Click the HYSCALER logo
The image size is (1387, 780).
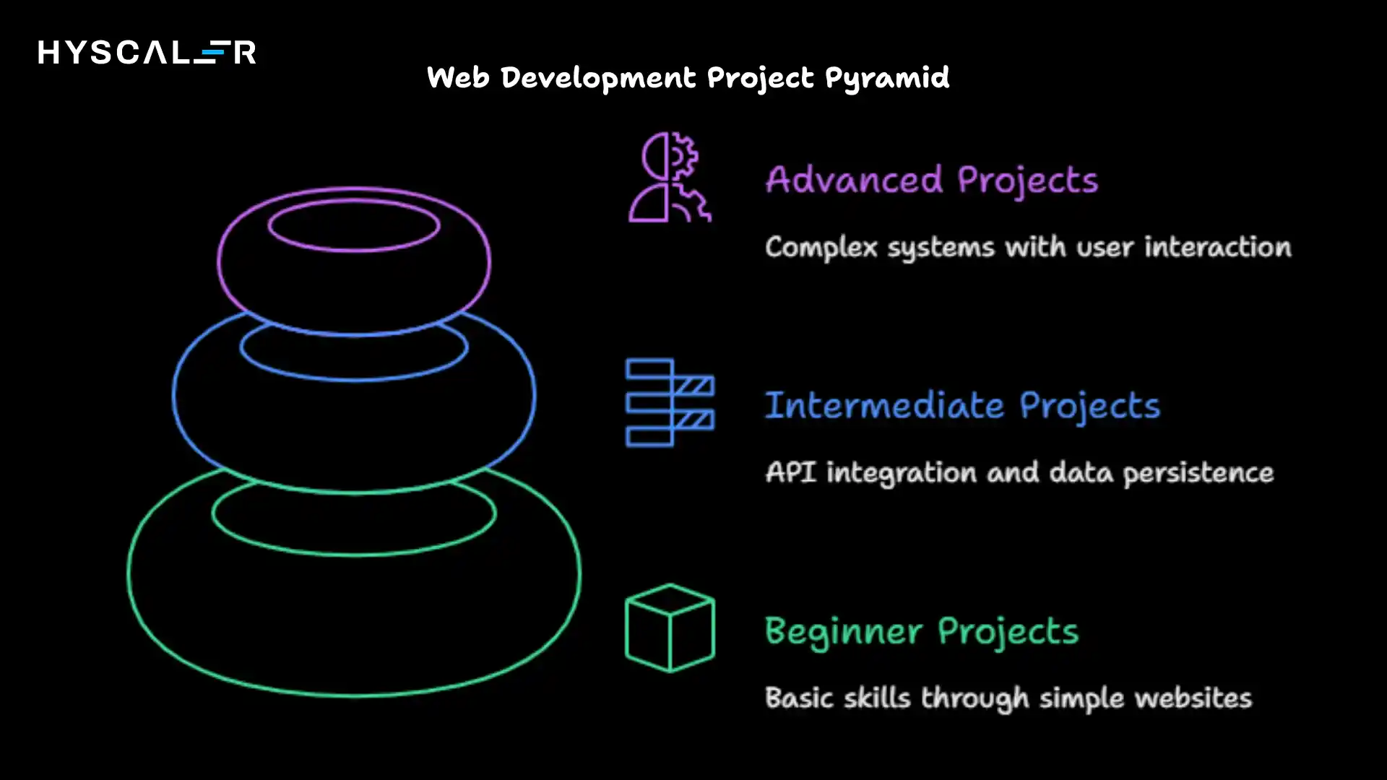(147, 52)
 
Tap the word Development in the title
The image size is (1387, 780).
(598, 77)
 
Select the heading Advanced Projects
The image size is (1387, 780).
(932, 180)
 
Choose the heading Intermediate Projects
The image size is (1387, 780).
(962, 405)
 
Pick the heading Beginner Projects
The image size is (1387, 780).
(922, 631)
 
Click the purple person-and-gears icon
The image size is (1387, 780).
(670, 177)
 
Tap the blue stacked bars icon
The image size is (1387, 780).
(670, 402)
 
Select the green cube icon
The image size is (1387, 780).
(670, 628)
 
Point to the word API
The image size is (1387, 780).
(790, 472)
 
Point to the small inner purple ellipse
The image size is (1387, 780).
(354, 225)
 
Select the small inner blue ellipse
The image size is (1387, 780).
(354, 348)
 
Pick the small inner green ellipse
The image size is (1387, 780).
(354, 514)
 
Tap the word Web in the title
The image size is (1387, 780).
(458, 77)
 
